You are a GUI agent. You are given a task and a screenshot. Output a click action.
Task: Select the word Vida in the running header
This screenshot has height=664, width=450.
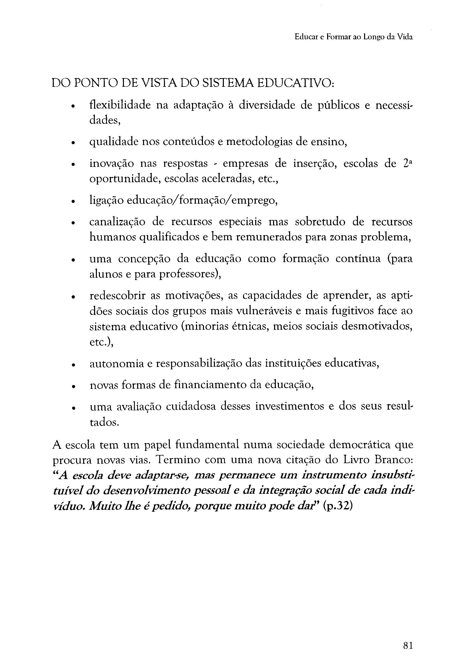click(405, 37)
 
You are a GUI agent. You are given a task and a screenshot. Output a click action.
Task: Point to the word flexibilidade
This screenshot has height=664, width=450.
click(120, 105)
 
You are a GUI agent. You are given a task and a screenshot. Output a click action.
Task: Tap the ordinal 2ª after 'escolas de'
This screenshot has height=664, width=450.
click(408, 163)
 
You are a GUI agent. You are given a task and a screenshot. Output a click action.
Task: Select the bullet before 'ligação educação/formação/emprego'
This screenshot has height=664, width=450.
click(73, 201)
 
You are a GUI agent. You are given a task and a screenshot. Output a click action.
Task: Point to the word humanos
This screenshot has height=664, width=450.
click(110, 237)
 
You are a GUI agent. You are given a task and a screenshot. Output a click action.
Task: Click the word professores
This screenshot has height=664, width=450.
click(188, 274)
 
